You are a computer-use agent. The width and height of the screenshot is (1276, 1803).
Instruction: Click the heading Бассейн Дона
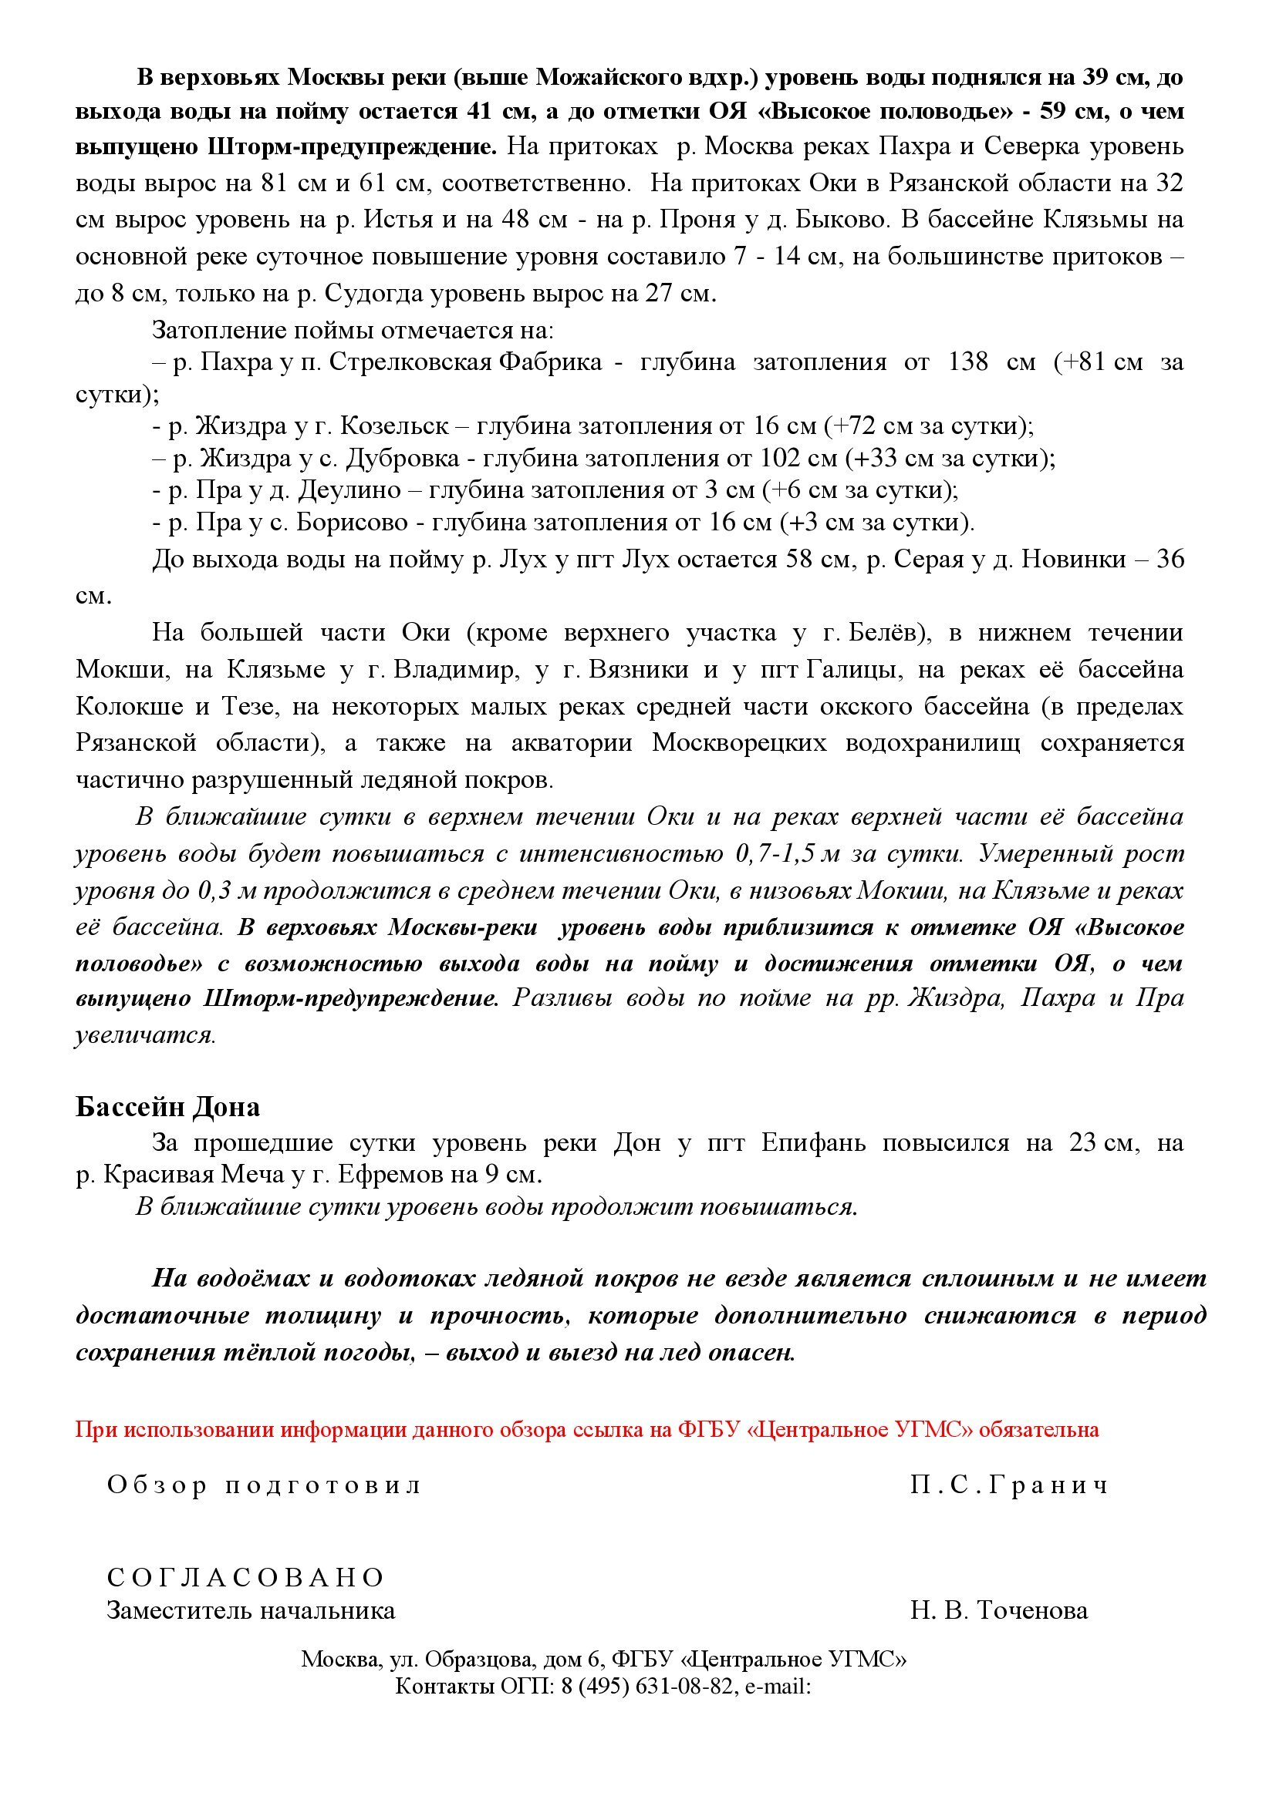(167, 1106)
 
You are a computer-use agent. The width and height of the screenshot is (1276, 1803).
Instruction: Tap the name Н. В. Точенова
(998, 1610)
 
